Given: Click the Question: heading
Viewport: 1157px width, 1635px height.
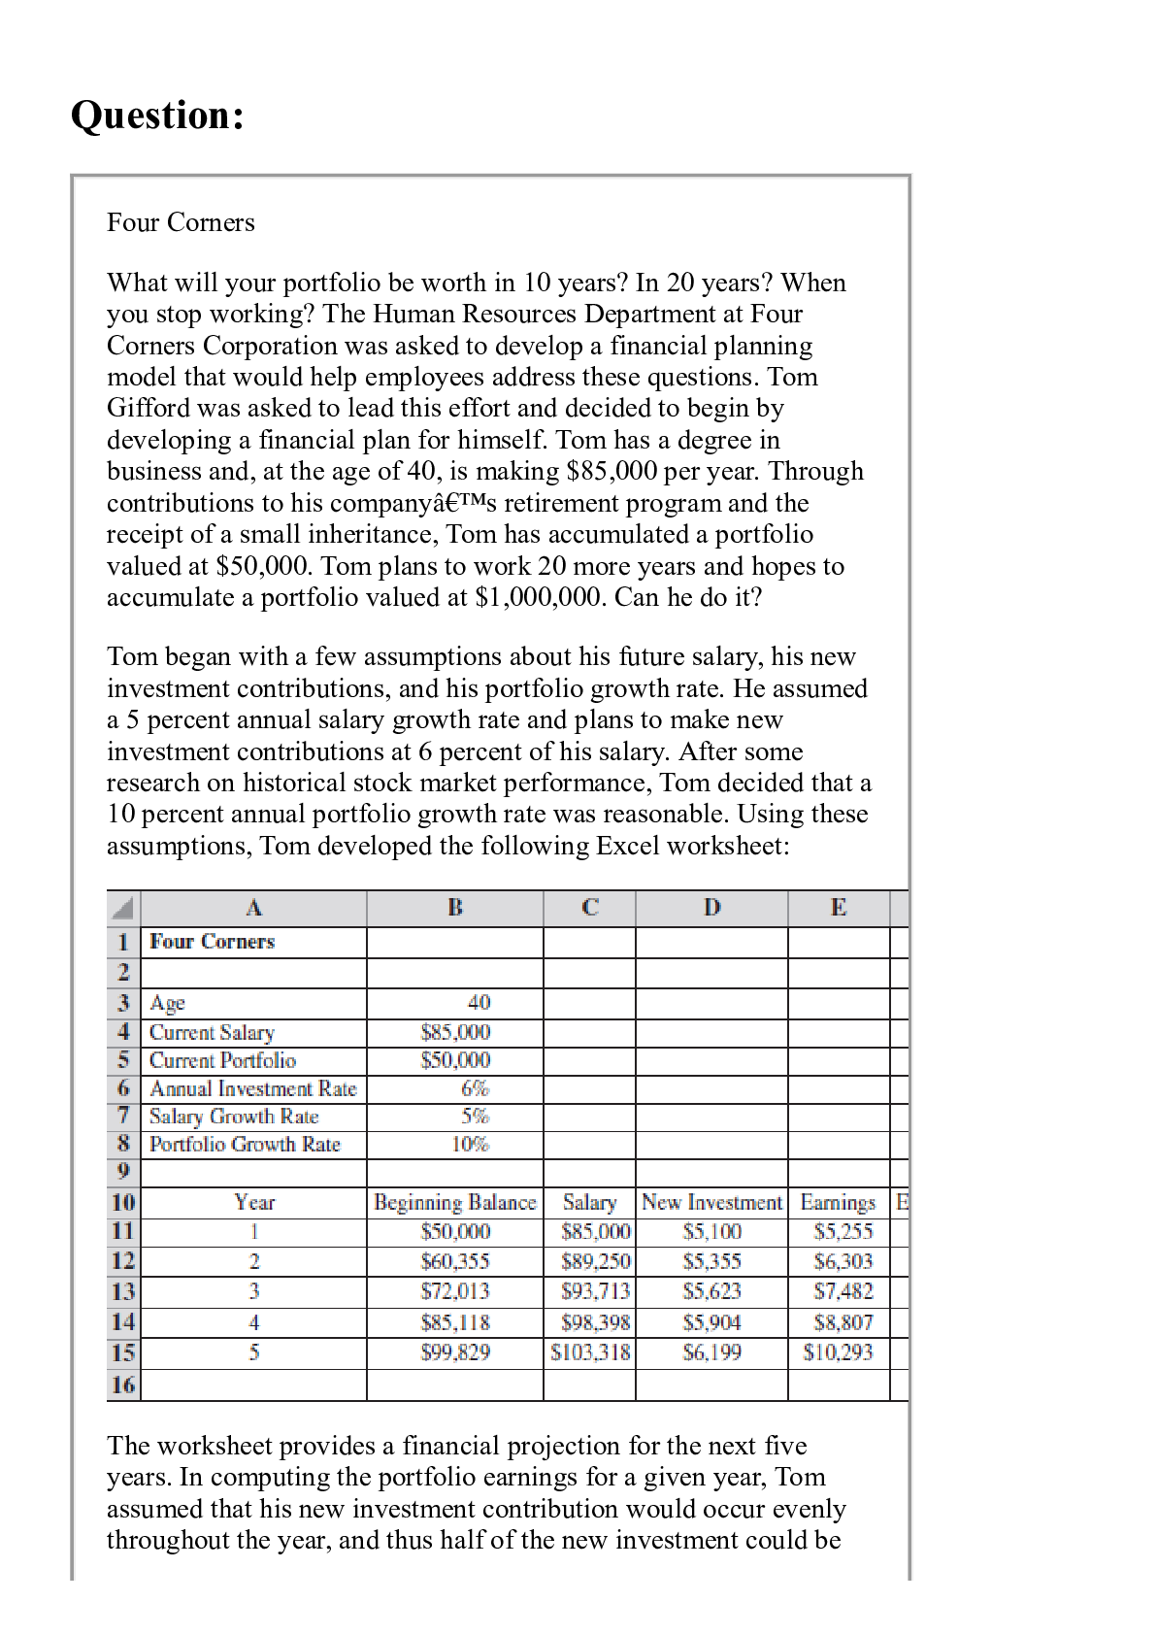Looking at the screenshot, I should (x=157, y=116).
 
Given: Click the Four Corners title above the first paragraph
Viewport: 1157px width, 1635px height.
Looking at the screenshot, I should (x=181, y=222).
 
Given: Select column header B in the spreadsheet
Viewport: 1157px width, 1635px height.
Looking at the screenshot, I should (x=454, y=908).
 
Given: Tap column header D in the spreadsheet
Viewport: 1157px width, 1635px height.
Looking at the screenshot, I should (x=711, y=908).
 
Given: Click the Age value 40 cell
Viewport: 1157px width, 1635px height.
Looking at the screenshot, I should (x=479, y=1002).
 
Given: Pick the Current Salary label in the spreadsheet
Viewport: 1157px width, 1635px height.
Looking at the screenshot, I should (x=212, y=1032).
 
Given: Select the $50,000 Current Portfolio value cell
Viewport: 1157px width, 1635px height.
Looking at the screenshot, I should (x=455, y=1060).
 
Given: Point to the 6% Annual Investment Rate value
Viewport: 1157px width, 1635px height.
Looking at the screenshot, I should (x=475, y=1088).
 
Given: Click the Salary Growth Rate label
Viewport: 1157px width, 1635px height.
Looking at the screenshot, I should (x=234, y=1117).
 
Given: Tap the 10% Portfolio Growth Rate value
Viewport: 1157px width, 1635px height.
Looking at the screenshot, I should (x=471, y=1144).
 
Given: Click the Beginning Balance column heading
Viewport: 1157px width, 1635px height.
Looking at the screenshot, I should (x=454, y=1203).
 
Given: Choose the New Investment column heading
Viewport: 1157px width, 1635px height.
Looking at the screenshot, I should (x=711, y=1203).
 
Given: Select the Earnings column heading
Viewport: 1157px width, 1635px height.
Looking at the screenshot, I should (x=838, y=1203).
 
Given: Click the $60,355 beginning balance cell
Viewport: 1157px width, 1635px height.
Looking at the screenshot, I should (x=455, y=1261).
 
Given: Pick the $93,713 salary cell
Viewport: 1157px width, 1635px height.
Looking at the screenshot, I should (x=595, y=1291).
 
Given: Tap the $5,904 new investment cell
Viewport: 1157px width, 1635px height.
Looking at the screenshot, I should (x=711, y=1322).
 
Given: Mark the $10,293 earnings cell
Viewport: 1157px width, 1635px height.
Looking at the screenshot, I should (x=838, y=1352).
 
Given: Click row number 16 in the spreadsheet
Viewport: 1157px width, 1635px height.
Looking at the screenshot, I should (x=123, y=1385).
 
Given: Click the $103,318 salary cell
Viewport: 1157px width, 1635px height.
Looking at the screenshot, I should (x=590, y=1352).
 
